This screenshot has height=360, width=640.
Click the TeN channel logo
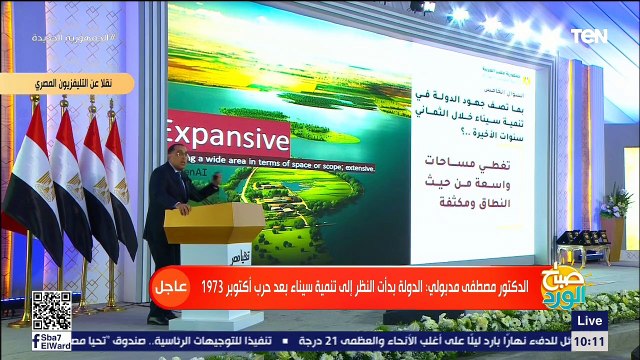(x=589, y=37)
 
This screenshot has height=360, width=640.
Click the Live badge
(x=591, y=320)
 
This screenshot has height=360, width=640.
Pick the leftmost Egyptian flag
(x=30, y=180)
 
